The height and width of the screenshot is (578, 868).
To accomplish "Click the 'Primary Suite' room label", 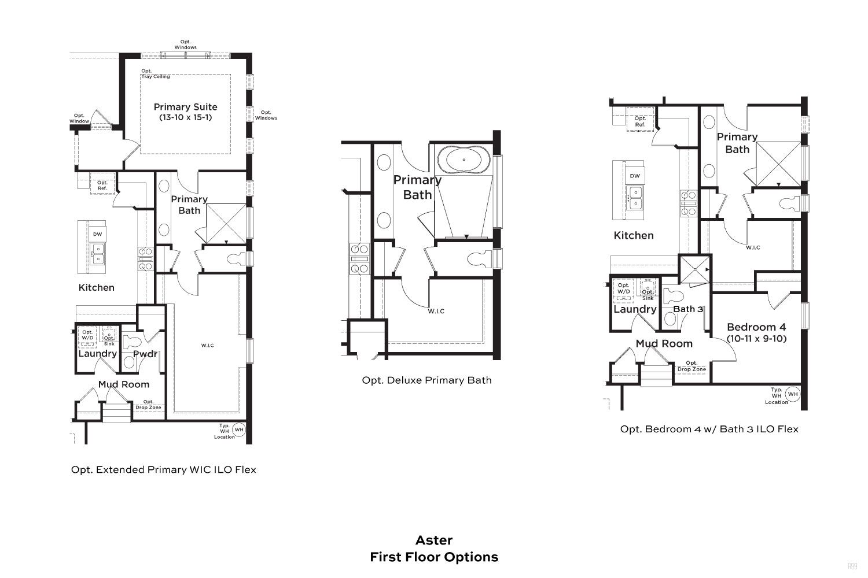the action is pyautogui.click(x=185, y=107).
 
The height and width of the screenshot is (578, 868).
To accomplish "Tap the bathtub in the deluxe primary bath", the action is pyautogui.click(x=464, y=160).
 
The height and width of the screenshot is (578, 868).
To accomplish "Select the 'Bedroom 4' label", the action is pyautogui.click(x=756, y=327).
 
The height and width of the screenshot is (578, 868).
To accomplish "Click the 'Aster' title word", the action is pyautogui.click(x=434, y=540).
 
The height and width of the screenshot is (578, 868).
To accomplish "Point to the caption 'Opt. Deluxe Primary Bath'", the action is pyautogui.click(x=426, y=380).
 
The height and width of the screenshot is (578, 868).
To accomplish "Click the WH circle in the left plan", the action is pyautogui.click(x=239, y=429).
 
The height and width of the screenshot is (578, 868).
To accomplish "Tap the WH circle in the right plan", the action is pyautogui.click(x=793, y=394).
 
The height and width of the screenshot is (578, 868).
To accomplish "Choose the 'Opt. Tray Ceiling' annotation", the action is pyautogui.click(x=156, y=73).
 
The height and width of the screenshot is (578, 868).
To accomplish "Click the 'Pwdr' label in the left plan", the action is pyautogui.click(x=145, y=354).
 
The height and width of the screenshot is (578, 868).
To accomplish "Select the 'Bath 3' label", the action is pyautogui.click(x=688, y=309).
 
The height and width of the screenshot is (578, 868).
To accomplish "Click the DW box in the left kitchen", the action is pyautogui.click(x=97, y=234).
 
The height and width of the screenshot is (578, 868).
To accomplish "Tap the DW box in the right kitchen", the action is pyautogui.click(x=635, y=176).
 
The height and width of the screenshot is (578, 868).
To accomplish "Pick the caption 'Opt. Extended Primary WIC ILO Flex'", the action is pyautogui.click(x=164, y=469).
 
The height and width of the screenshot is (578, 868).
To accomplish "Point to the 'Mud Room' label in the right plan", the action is pyautogui.click(x=664, y=343).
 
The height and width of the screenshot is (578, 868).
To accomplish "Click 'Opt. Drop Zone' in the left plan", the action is pyautogui.click(x=148, y=405).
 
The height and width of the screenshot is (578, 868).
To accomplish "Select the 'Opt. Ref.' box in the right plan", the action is pyautogui.click(x=640, y=121).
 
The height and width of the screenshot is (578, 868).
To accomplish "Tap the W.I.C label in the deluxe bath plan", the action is pyautogui.click(x=436, y=311).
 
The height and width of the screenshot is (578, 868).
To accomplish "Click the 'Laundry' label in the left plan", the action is pyautogui.click(x=98, y=354).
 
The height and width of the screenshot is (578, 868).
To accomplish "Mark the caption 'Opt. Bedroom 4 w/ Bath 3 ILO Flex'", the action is pyautogui.click(x=709, y=429).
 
